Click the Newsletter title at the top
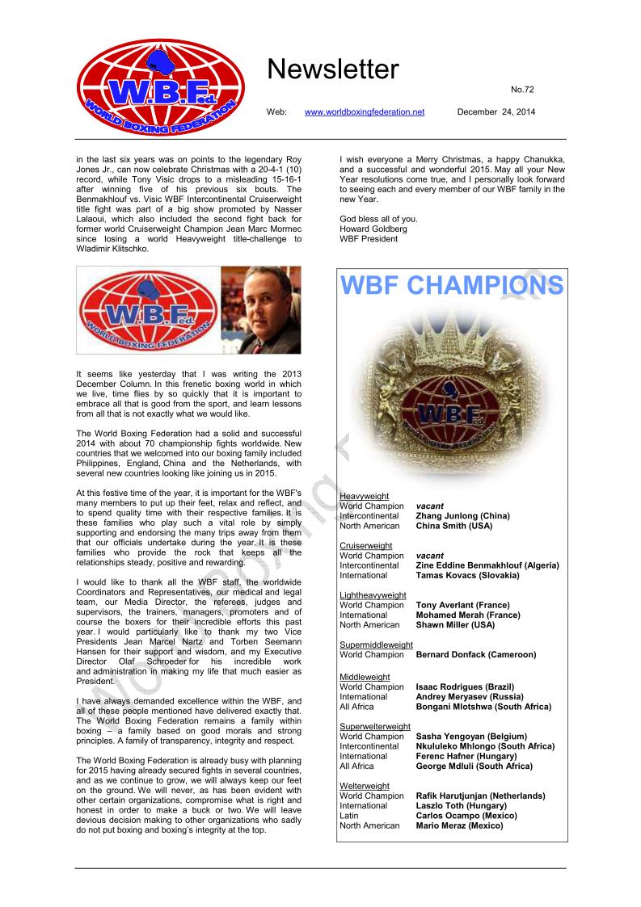[332, 70]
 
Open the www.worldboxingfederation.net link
[364, 111]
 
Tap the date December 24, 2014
[496, 111]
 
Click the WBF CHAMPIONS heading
[452, 286]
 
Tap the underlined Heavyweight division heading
[365, 496]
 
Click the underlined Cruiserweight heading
[366, 546]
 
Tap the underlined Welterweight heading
[365, 786]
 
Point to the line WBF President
[369, 238]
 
